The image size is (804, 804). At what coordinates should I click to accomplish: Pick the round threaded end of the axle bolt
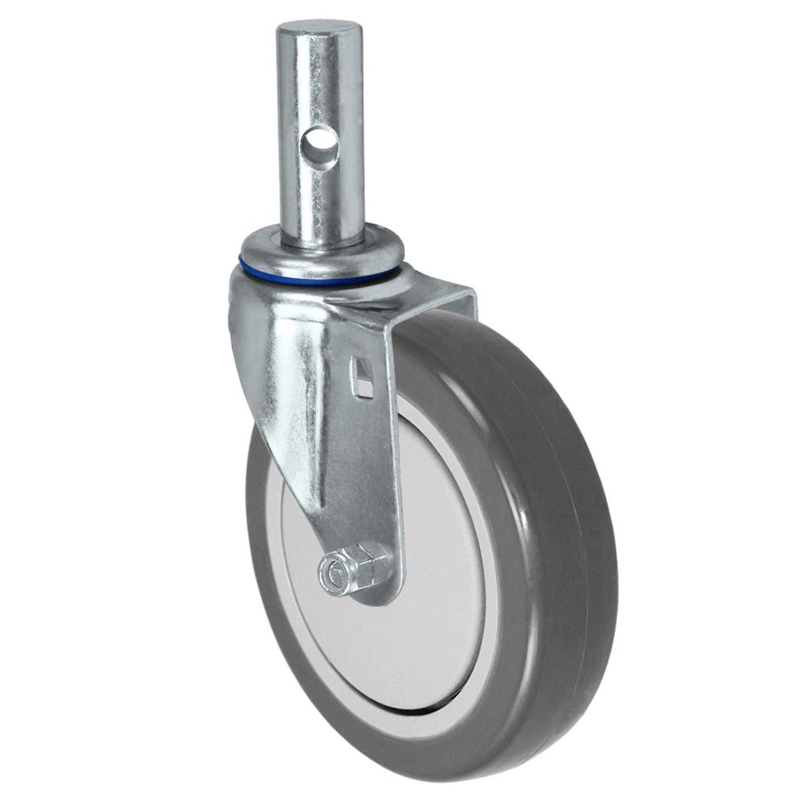point(330,573)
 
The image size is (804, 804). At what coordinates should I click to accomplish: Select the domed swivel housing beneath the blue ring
point(273,306)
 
